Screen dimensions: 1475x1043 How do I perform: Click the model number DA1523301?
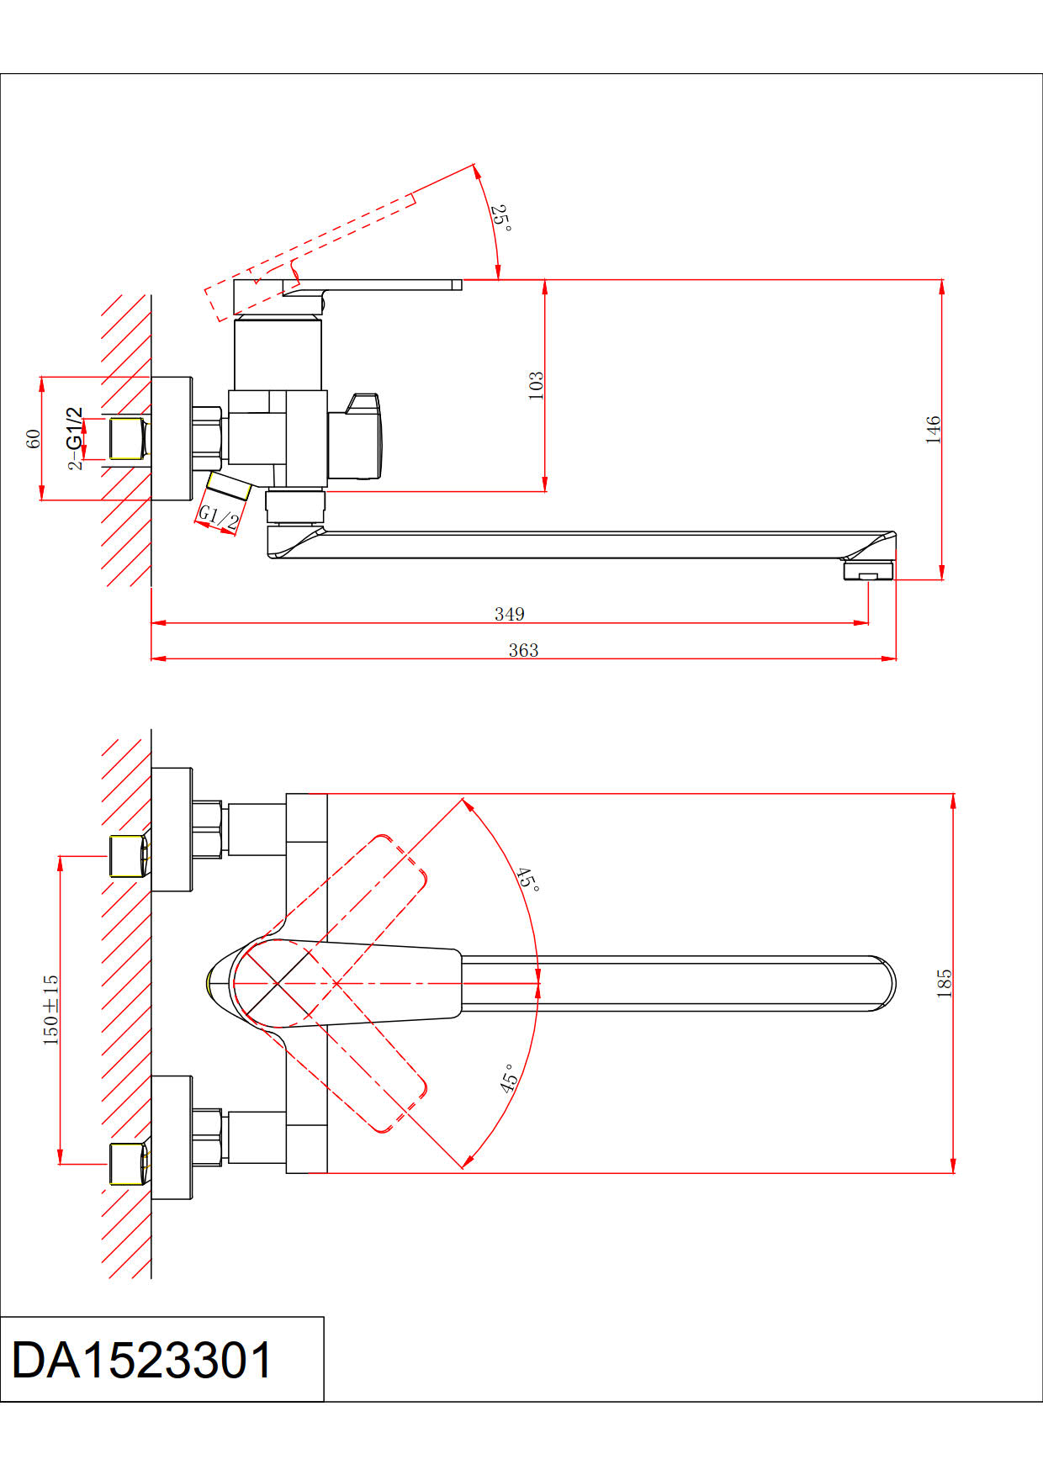[142, 1361]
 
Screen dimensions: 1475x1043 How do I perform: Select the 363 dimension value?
[523, 650]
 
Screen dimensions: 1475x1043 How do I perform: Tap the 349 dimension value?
[509, 614]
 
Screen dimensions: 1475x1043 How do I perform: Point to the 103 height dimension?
[536, 385]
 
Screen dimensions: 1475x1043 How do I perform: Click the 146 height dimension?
[933, 429]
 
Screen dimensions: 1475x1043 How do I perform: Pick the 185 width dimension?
[945, 983]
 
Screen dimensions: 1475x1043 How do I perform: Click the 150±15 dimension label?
[51, 1009]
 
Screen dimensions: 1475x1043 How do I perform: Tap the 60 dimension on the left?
[34, 438]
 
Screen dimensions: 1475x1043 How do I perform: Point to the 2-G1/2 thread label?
[76, 438]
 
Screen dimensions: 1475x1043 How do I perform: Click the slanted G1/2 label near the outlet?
[219, 517]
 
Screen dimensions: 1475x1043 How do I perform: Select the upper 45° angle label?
[528, 879]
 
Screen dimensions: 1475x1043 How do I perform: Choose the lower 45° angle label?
[508, 1078]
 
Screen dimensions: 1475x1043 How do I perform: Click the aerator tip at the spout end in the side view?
[868, 573]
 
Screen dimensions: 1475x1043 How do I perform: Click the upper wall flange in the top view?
[172, 829]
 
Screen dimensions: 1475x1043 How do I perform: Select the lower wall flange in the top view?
[172, 1136]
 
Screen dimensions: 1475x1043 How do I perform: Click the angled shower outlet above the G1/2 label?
[229, 485]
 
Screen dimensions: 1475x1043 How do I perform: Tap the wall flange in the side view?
[172, 438]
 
